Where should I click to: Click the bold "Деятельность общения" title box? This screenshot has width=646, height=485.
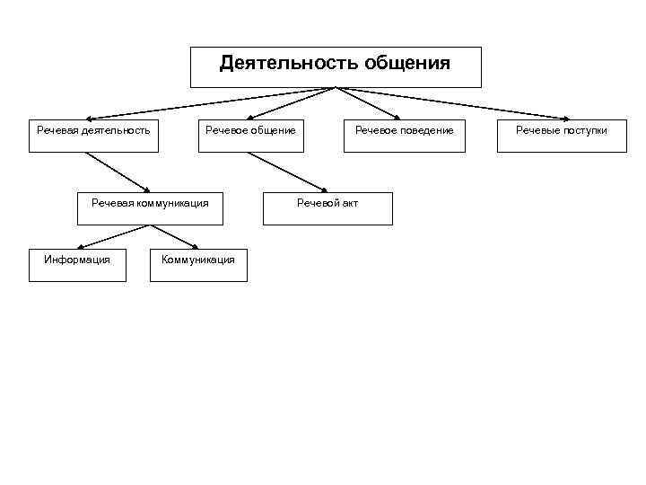[336, 66]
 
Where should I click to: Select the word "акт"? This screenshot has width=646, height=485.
[349, 203]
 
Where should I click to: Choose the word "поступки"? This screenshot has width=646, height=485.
[584, 131]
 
